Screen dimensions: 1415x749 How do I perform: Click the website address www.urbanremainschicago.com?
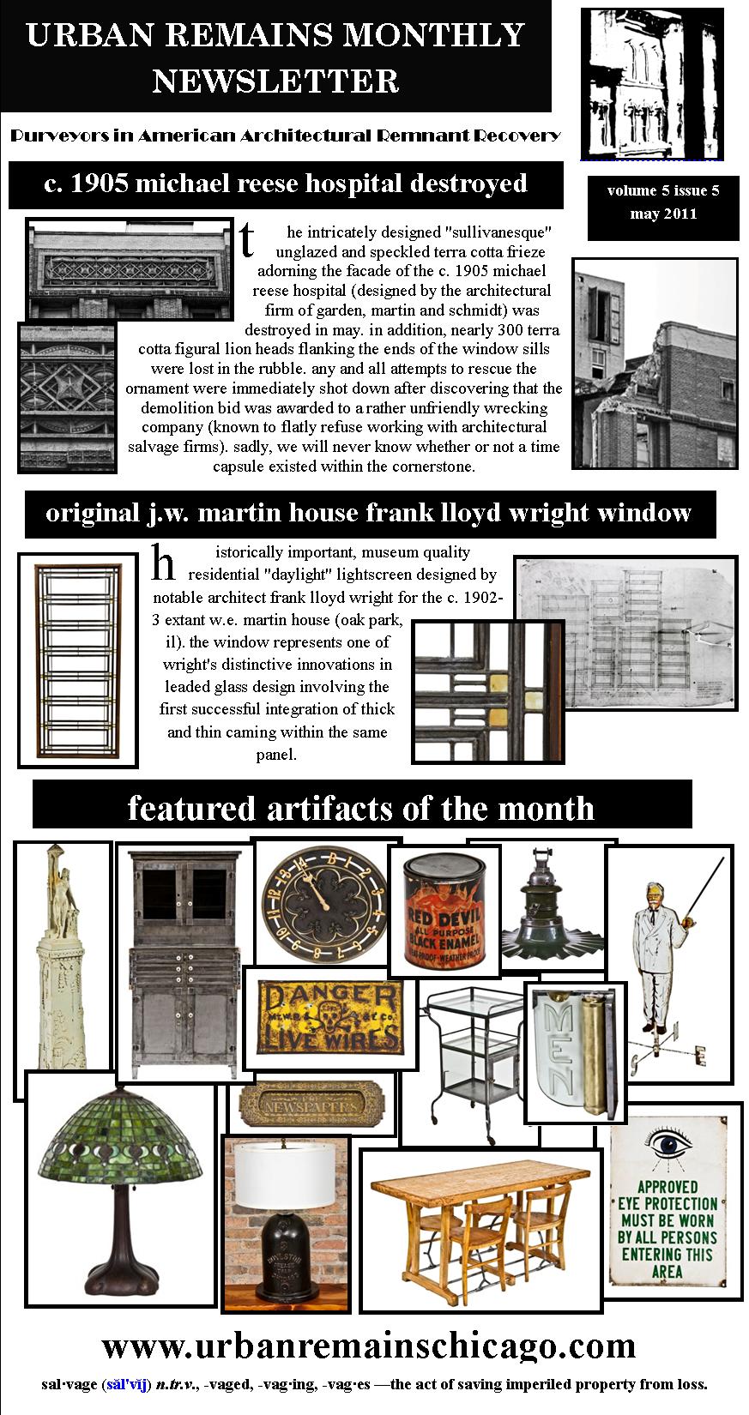pos(369,1346)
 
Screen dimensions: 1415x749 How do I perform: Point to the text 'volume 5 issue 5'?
pos(663,190)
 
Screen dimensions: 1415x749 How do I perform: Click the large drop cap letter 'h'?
pos(163,564)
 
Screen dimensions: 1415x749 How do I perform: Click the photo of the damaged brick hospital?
pos(655,364)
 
